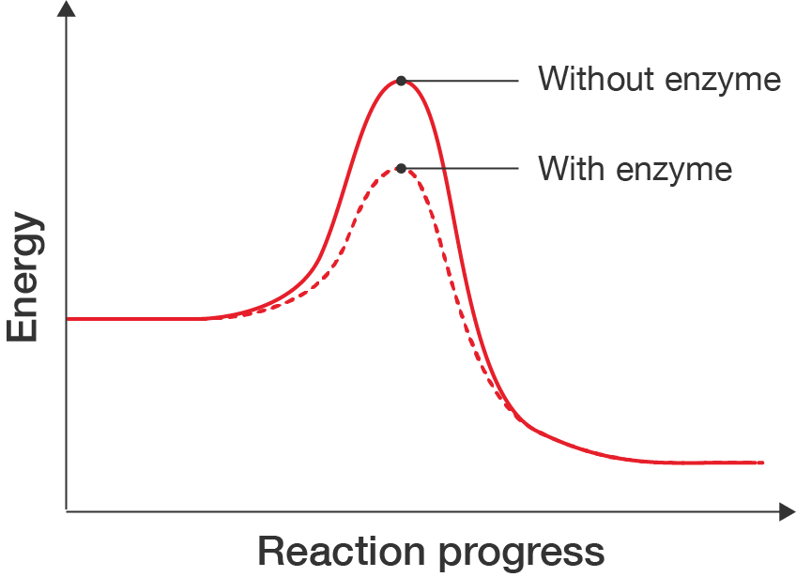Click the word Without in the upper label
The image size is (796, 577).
596,79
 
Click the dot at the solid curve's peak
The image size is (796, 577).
401,82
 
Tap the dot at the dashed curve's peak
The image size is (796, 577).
401,169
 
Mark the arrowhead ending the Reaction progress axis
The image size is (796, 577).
787,511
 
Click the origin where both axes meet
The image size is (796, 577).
66,511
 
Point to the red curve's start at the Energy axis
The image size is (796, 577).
69,320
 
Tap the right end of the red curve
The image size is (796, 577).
762,463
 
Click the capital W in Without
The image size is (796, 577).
554,79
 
